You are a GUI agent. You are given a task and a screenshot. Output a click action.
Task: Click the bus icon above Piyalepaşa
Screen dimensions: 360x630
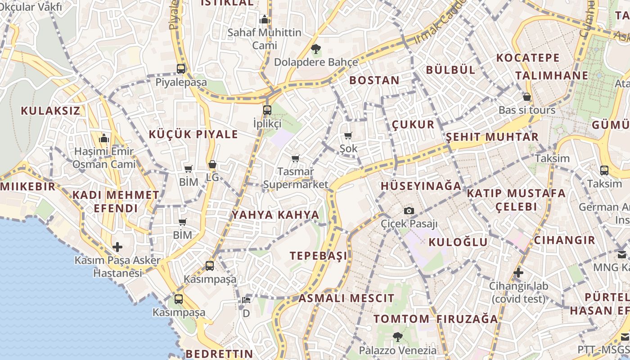click(x=181, y=69)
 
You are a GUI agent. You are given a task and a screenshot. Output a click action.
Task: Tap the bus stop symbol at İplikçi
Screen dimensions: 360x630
click(x=267, y=110)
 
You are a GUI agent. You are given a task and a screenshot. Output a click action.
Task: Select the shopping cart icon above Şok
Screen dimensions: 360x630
click(x=348, y=135)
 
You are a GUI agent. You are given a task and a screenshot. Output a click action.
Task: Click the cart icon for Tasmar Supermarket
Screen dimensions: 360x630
click(x=296, y=158)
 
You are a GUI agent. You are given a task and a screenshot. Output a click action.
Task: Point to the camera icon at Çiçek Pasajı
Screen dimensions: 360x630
click(x=409, y=211)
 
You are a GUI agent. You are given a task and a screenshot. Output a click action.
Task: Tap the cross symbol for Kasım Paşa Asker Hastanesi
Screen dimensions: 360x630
click(x=117, y=247)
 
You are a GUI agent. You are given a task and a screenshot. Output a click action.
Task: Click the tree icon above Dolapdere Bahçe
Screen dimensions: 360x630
click(x=316, y=48)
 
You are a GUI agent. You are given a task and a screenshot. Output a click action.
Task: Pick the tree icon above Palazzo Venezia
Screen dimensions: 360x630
click(x=397, y=337)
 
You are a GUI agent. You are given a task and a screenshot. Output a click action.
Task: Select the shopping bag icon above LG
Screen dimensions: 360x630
click(x=212, y=165)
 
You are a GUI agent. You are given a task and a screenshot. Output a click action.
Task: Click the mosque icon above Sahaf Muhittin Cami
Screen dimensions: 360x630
click(x=265, y=19)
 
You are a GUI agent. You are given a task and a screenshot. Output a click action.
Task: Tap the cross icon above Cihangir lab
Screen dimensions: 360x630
click(x=518, y=273)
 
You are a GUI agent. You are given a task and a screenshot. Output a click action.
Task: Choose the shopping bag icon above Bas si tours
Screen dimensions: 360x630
click(x=527, y=97)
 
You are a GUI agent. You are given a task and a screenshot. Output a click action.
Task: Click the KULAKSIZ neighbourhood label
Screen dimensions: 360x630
click(x=50, y=111)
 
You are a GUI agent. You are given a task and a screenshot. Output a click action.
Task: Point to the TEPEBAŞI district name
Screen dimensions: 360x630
click(x=319, y=256)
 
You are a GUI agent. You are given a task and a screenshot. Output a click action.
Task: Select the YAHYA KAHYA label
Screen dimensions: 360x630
click(x=275, y=215)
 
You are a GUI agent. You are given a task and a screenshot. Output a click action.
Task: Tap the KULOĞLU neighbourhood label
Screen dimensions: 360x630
click(x=458, y=242)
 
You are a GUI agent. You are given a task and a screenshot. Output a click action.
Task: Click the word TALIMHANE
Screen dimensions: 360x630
click(x=552, y=75)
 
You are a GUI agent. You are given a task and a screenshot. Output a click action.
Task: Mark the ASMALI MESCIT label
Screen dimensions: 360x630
click(x=346, y=298)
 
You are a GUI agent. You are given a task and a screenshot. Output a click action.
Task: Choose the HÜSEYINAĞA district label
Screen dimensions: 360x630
click(x=421, y=186)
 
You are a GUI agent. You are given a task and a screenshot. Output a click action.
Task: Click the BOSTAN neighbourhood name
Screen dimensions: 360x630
click(x=374, y=81)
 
